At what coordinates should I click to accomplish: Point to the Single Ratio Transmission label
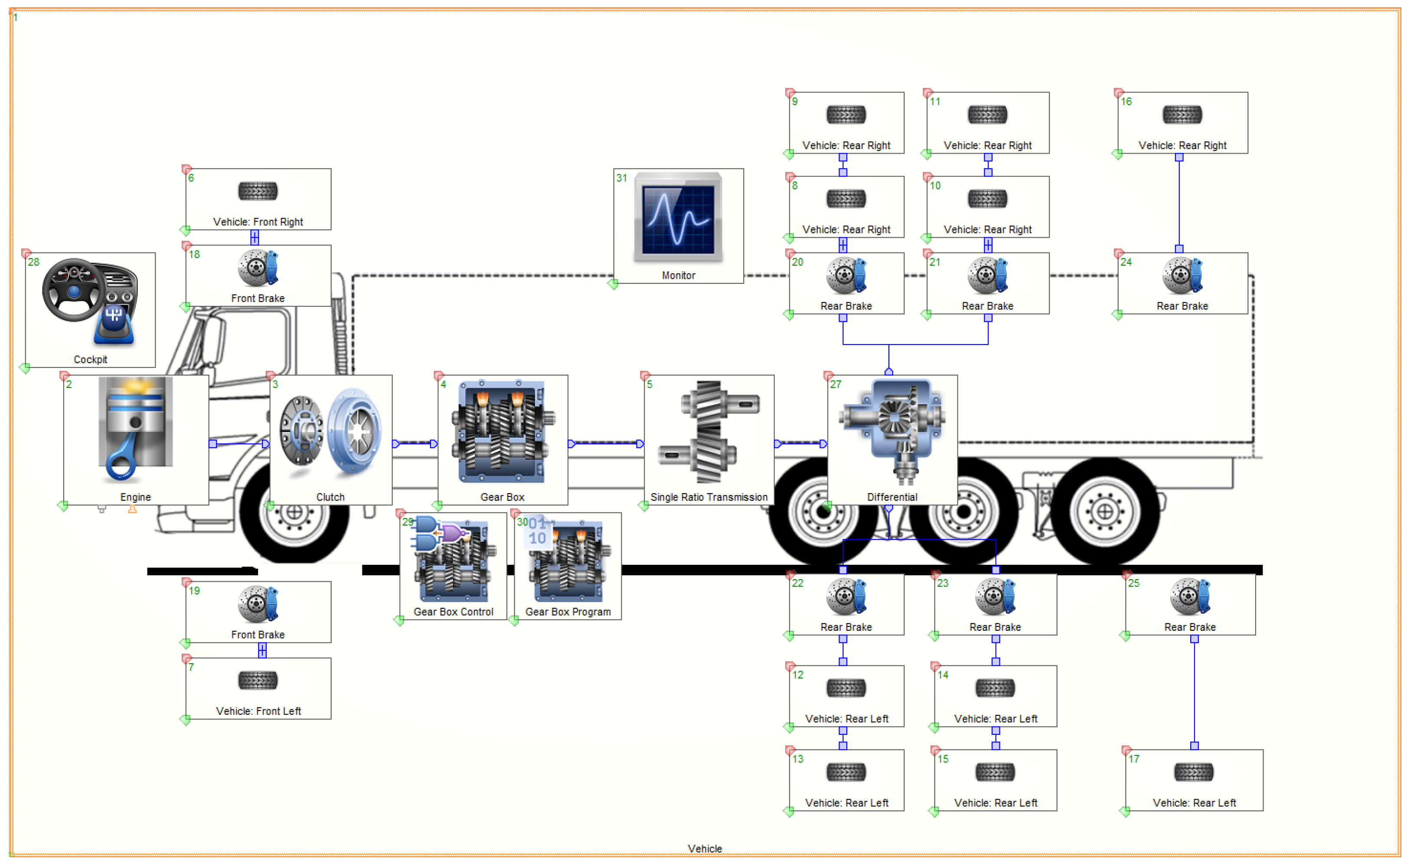pyautogui.click(x=708, y=497)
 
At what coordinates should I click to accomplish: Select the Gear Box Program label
pyautogui.click(x=568, y=612)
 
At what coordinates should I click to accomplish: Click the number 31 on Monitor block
pyautogui.click(x=621, y=178)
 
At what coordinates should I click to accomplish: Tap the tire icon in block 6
pyautogui.click(x=258, y=191)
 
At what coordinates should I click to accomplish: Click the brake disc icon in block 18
pyautogui.click(x=258, y=267)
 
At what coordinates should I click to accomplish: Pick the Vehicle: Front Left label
pyautogui.click(x=258, y=711)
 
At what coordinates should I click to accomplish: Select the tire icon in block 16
pyautogui.click(x=1182, y=115)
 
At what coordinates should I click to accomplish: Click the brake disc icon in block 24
pyautogui.click(x=1182, y=275)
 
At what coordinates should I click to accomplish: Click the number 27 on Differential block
pyautogui.click(x=836, y=384)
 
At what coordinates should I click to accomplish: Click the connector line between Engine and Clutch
pyautogui.click(x=238, y=444)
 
